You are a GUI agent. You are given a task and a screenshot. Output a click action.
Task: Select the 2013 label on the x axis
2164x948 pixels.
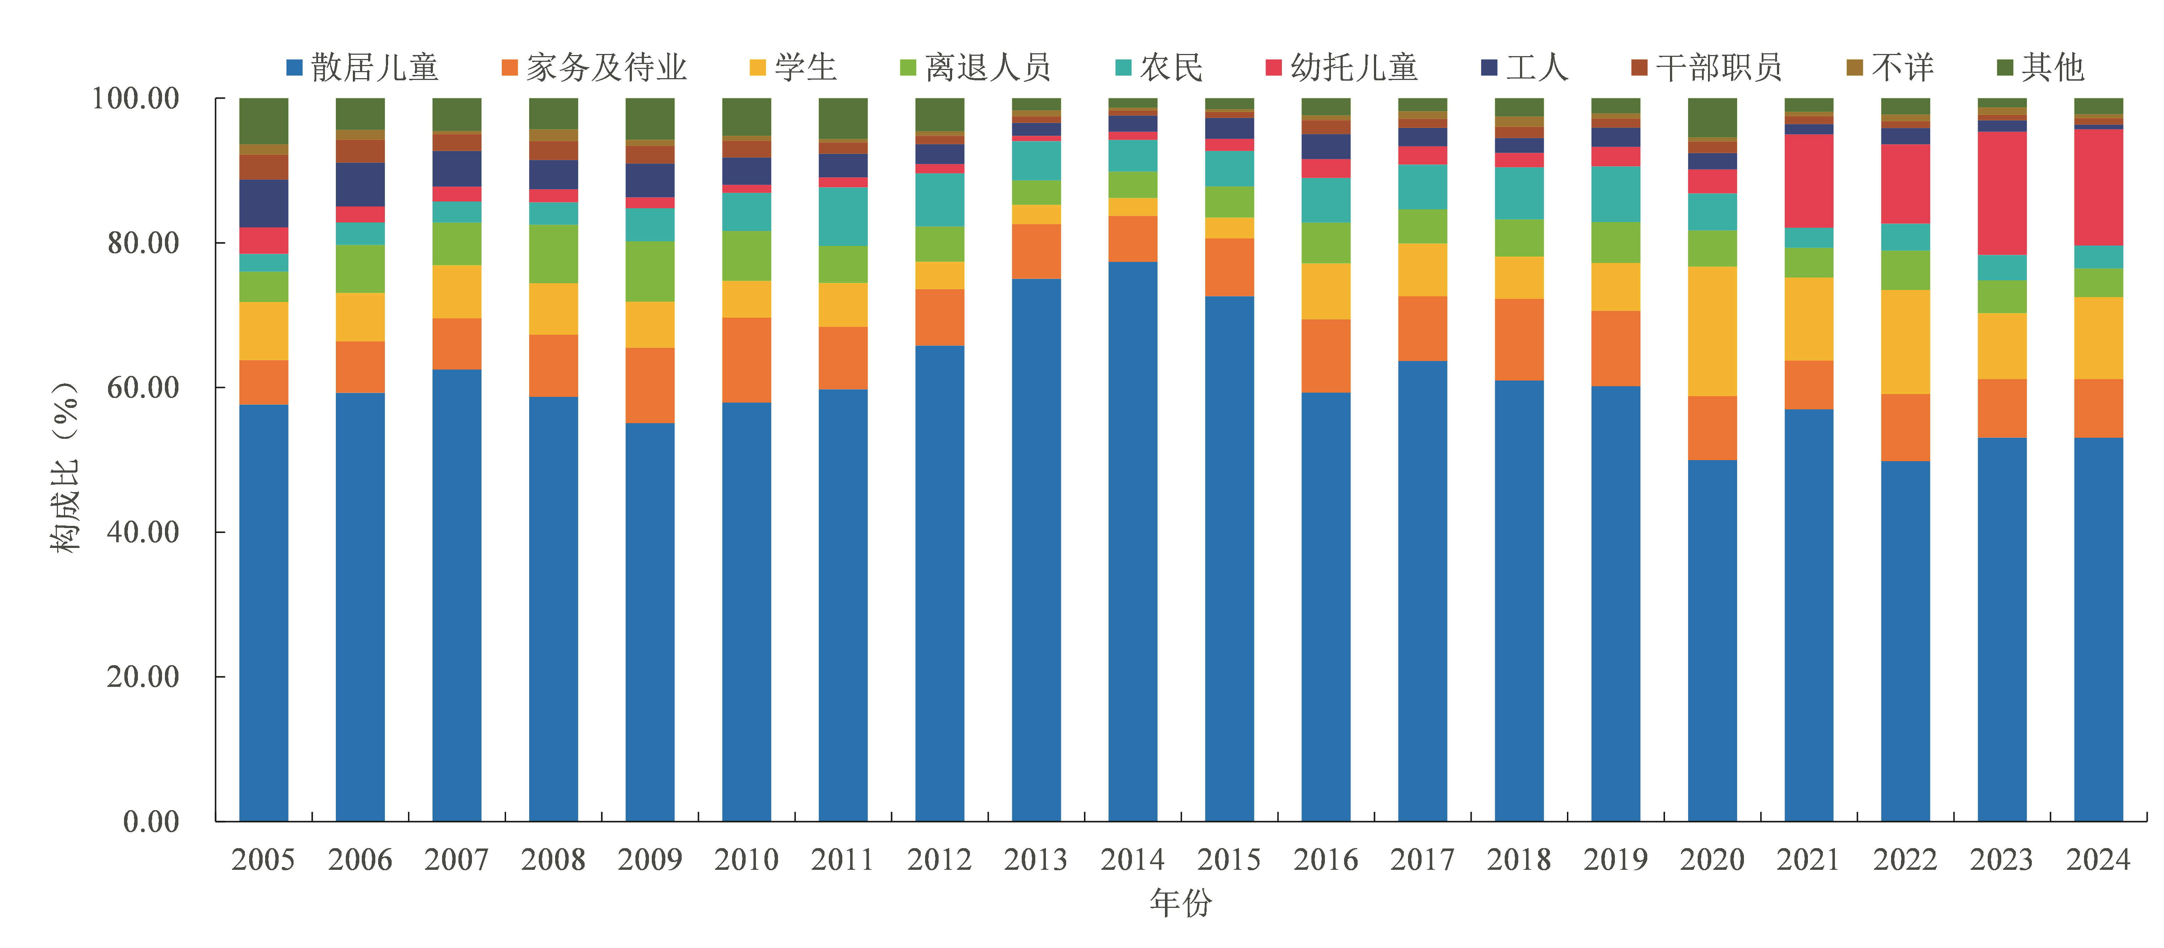point(1036,860)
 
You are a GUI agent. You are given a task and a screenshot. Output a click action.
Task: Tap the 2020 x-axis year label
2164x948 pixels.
point(1712,860)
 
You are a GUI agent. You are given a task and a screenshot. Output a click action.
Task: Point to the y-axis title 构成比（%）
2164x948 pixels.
point(65,467)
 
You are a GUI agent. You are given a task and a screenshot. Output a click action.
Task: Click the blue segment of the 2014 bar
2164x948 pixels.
point(1132,542)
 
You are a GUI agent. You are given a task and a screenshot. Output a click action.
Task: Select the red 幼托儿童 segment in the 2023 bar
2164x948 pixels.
point(2002,193)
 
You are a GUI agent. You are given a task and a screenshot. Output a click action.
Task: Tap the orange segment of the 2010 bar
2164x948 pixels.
point(746,359)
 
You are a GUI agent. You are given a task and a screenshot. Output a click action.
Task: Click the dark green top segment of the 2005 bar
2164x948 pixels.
point(264,121)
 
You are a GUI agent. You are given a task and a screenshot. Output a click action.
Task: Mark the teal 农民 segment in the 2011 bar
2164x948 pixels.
point(843,217)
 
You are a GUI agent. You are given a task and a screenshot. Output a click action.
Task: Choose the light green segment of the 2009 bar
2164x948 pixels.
point(649,271)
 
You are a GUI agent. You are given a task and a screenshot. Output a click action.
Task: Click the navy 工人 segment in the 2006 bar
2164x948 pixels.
point(360,185)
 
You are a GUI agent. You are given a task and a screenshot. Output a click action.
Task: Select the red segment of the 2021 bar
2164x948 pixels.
point(1809,181)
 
